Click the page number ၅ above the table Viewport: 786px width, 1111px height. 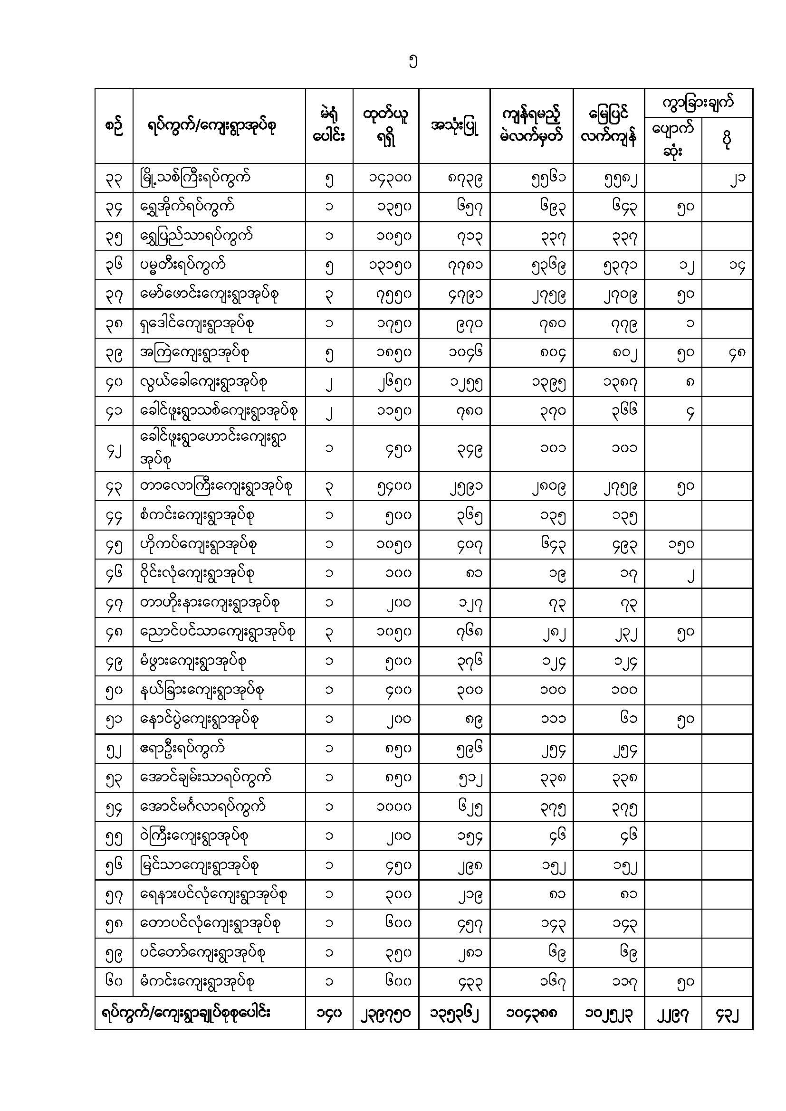click(x=412, y=62)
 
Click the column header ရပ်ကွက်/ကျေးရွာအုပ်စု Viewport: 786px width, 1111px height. click(x=211, y=126)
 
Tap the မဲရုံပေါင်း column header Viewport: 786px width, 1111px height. click(x=329, y=126)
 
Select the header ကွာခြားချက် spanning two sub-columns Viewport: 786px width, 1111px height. click(x=698, y=103)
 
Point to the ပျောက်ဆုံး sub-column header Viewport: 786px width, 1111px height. click(x=673, y=140)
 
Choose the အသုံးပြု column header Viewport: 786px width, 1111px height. click(x=454, y=126)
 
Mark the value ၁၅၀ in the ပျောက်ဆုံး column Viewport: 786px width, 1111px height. click(x=681, y=545)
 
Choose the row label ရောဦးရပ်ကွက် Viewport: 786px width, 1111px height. click(x=182, y=749)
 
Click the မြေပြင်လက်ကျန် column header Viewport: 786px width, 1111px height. click(x=608, y=126)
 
